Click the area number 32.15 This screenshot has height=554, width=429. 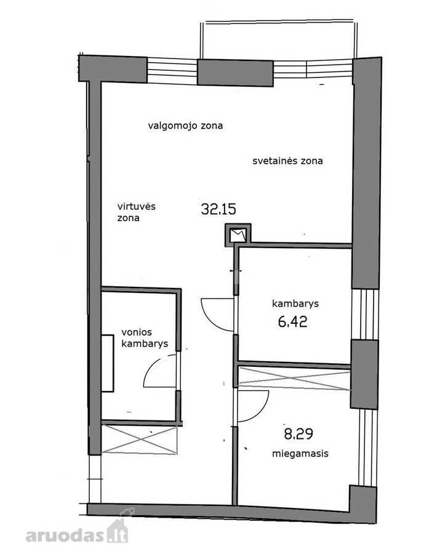coord(219,209)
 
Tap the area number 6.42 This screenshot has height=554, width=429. coord(292,321)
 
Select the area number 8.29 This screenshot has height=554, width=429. coord(299,433)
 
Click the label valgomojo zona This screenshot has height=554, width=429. coord(185,126)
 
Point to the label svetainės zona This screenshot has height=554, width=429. coord(287,161)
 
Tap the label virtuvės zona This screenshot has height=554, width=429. coord(137,212)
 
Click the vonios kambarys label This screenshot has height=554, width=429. coord(145,338)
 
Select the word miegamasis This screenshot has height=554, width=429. coord(300,453)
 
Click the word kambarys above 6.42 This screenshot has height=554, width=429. coord(295,303)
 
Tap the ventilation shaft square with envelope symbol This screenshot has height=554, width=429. coord(238,235)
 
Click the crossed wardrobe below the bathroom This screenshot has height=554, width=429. coord(139,440)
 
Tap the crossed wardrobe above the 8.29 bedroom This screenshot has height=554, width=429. coord(294,379)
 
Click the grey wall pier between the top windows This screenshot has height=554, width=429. coord(235,73)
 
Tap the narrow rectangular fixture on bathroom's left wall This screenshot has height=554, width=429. coord(108,363)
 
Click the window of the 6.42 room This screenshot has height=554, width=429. coord(365,315)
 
